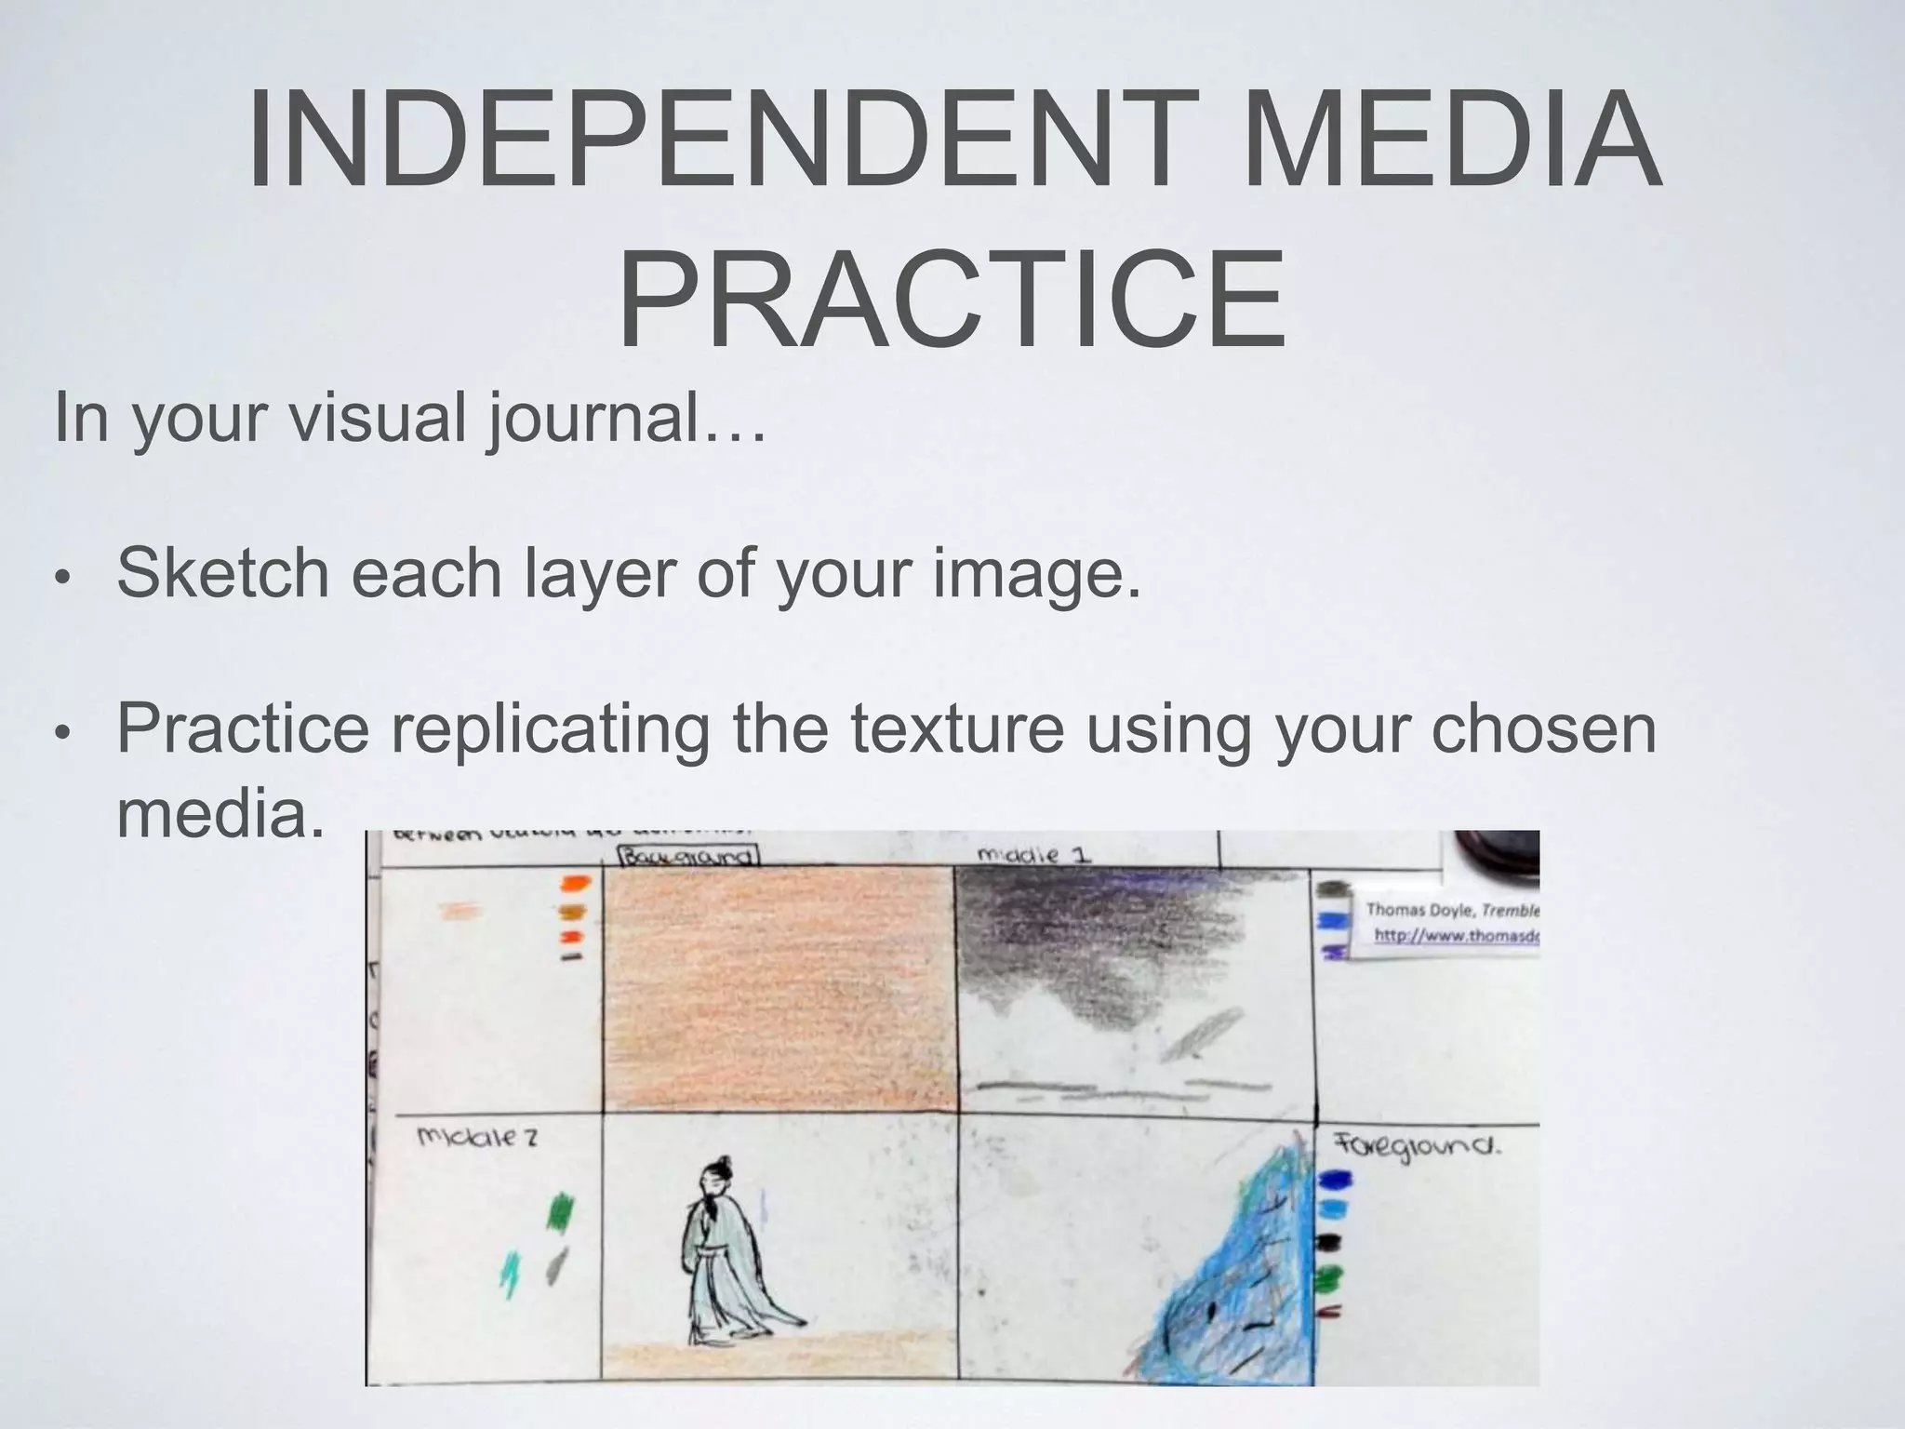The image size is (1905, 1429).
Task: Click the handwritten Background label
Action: click(689, 856)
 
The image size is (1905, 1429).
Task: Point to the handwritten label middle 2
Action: click(477, 1137)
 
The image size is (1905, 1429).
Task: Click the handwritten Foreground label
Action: click(1419, 1147)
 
